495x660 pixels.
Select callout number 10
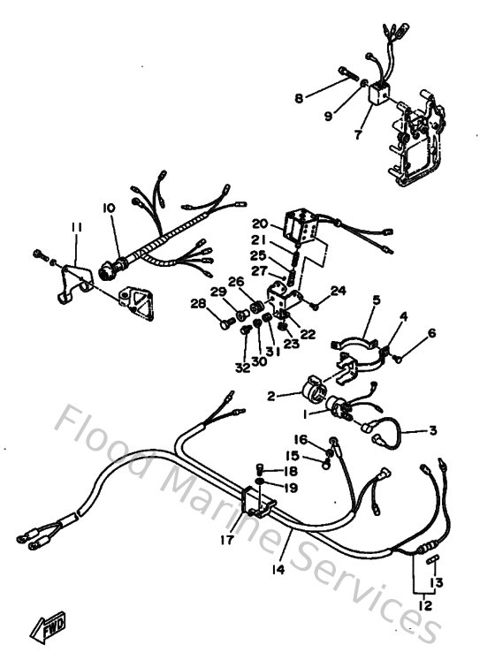pyautogui.click(x=109, y=208)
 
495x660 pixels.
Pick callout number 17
pyautogui.click(x=227, y=538)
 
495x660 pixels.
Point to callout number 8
pyautogui.click(x=298, y=99)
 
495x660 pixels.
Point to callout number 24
pyautogui.click(x=339, y=291)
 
